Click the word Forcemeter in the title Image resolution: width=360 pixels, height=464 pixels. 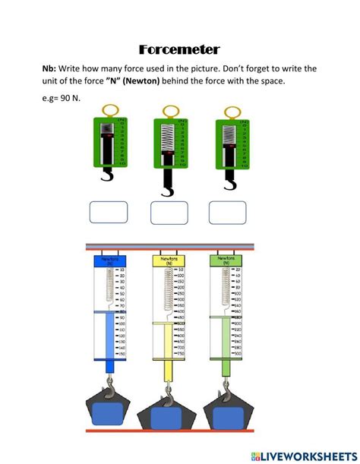click(180, 49)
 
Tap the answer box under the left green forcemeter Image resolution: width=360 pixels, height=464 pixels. click(109, 213)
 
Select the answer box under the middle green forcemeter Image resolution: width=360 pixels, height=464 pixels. click(169, 213)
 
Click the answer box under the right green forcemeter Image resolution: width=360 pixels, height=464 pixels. click(228, 213)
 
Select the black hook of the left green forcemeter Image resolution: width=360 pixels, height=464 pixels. click(108, 178)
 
